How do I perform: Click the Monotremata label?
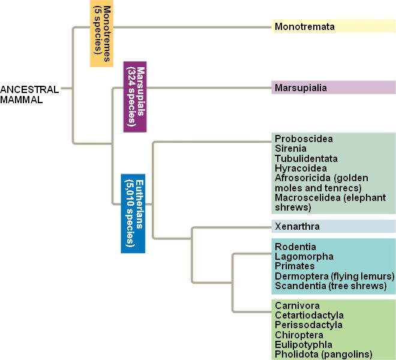tap(304, 26)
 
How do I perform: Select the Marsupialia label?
tap(301, 88)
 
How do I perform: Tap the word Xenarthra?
tap(297, 226)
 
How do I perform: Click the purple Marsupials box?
tap(135, 95)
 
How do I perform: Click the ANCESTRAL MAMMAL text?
tap(29, 95)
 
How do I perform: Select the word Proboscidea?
tap(304, 139)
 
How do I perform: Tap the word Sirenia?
tap(290, 148)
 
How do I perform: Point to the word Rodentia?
tap(295, 247)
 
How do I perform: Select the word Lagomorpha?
tap(304, 256)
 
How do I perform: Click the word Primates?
tap(295, 266)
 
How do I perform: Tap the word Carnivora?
tap(297, 305)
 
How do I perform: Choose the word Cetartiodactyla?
tap(309, 315)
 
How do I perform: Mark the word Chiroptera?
tap(299, 334)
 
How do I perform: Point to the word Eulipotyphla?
tap(303, 344)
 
